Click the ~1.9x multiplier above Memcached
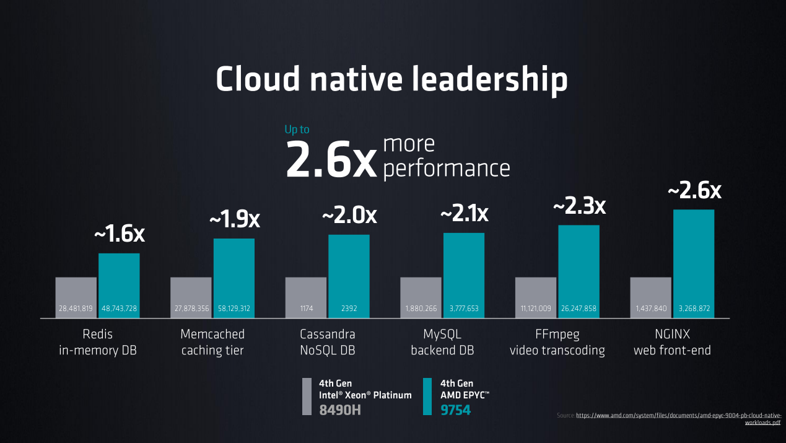(235, 219)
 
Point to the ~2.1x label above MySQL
(465, 214)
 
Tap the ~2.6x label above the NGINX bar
(694, 191)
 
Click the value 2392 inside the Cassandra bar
(349, 309)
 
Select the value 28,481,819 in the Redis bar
(76, 309)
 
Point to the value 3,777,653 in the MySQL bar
(464, 309)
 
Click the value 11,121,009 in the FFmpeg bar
(536, 309)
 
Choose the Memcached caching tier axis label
(212, 342)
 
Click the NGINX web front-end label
(672, 342)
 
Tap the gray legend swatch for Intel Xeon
(307, 396)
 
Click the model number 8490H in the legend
(339, 410)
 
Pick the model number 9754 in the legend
(455, 410)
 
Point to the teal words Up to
(297, 129)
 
